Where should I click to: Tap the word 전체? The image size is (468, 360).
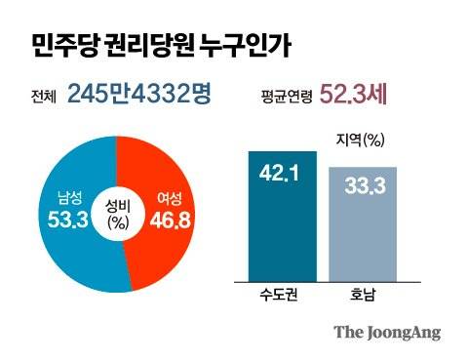pyautogui.click(x=45, y=96)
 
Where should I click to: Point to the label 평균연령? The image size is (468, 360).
pyautogui.click(x=288, y=96)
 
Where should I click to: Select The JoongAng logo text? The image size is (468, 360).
pyautogui.click(x=387, y=332)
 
